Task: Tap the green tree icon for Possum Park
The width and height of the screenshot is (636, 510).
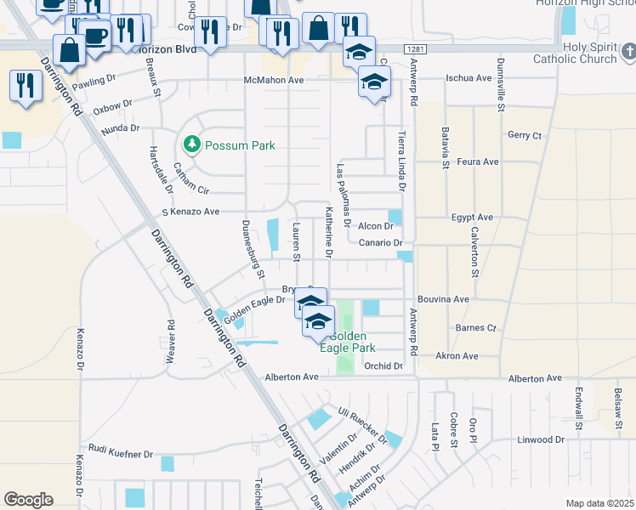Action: (191, 145)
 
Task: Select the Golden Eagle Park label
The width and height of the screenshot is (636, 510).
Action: (347, 342)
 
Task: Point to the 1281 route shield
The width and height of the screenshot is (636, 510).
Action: (414, 49)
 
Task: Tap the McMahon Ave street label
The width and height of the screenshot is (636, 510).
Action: (274, 80)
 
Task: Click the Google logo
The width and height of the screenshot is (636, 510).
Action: (28, 500)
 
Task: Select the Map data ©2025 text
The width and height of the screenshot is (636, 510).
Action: (599, 502)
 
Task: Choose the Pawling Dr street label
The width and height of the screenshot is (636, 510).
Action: (94, 82)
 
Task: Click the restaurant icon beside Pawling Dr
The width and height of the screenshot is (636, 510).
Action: (26, 86)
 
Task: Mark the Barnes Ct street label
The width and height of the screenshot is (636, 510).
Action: (475, 327)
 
